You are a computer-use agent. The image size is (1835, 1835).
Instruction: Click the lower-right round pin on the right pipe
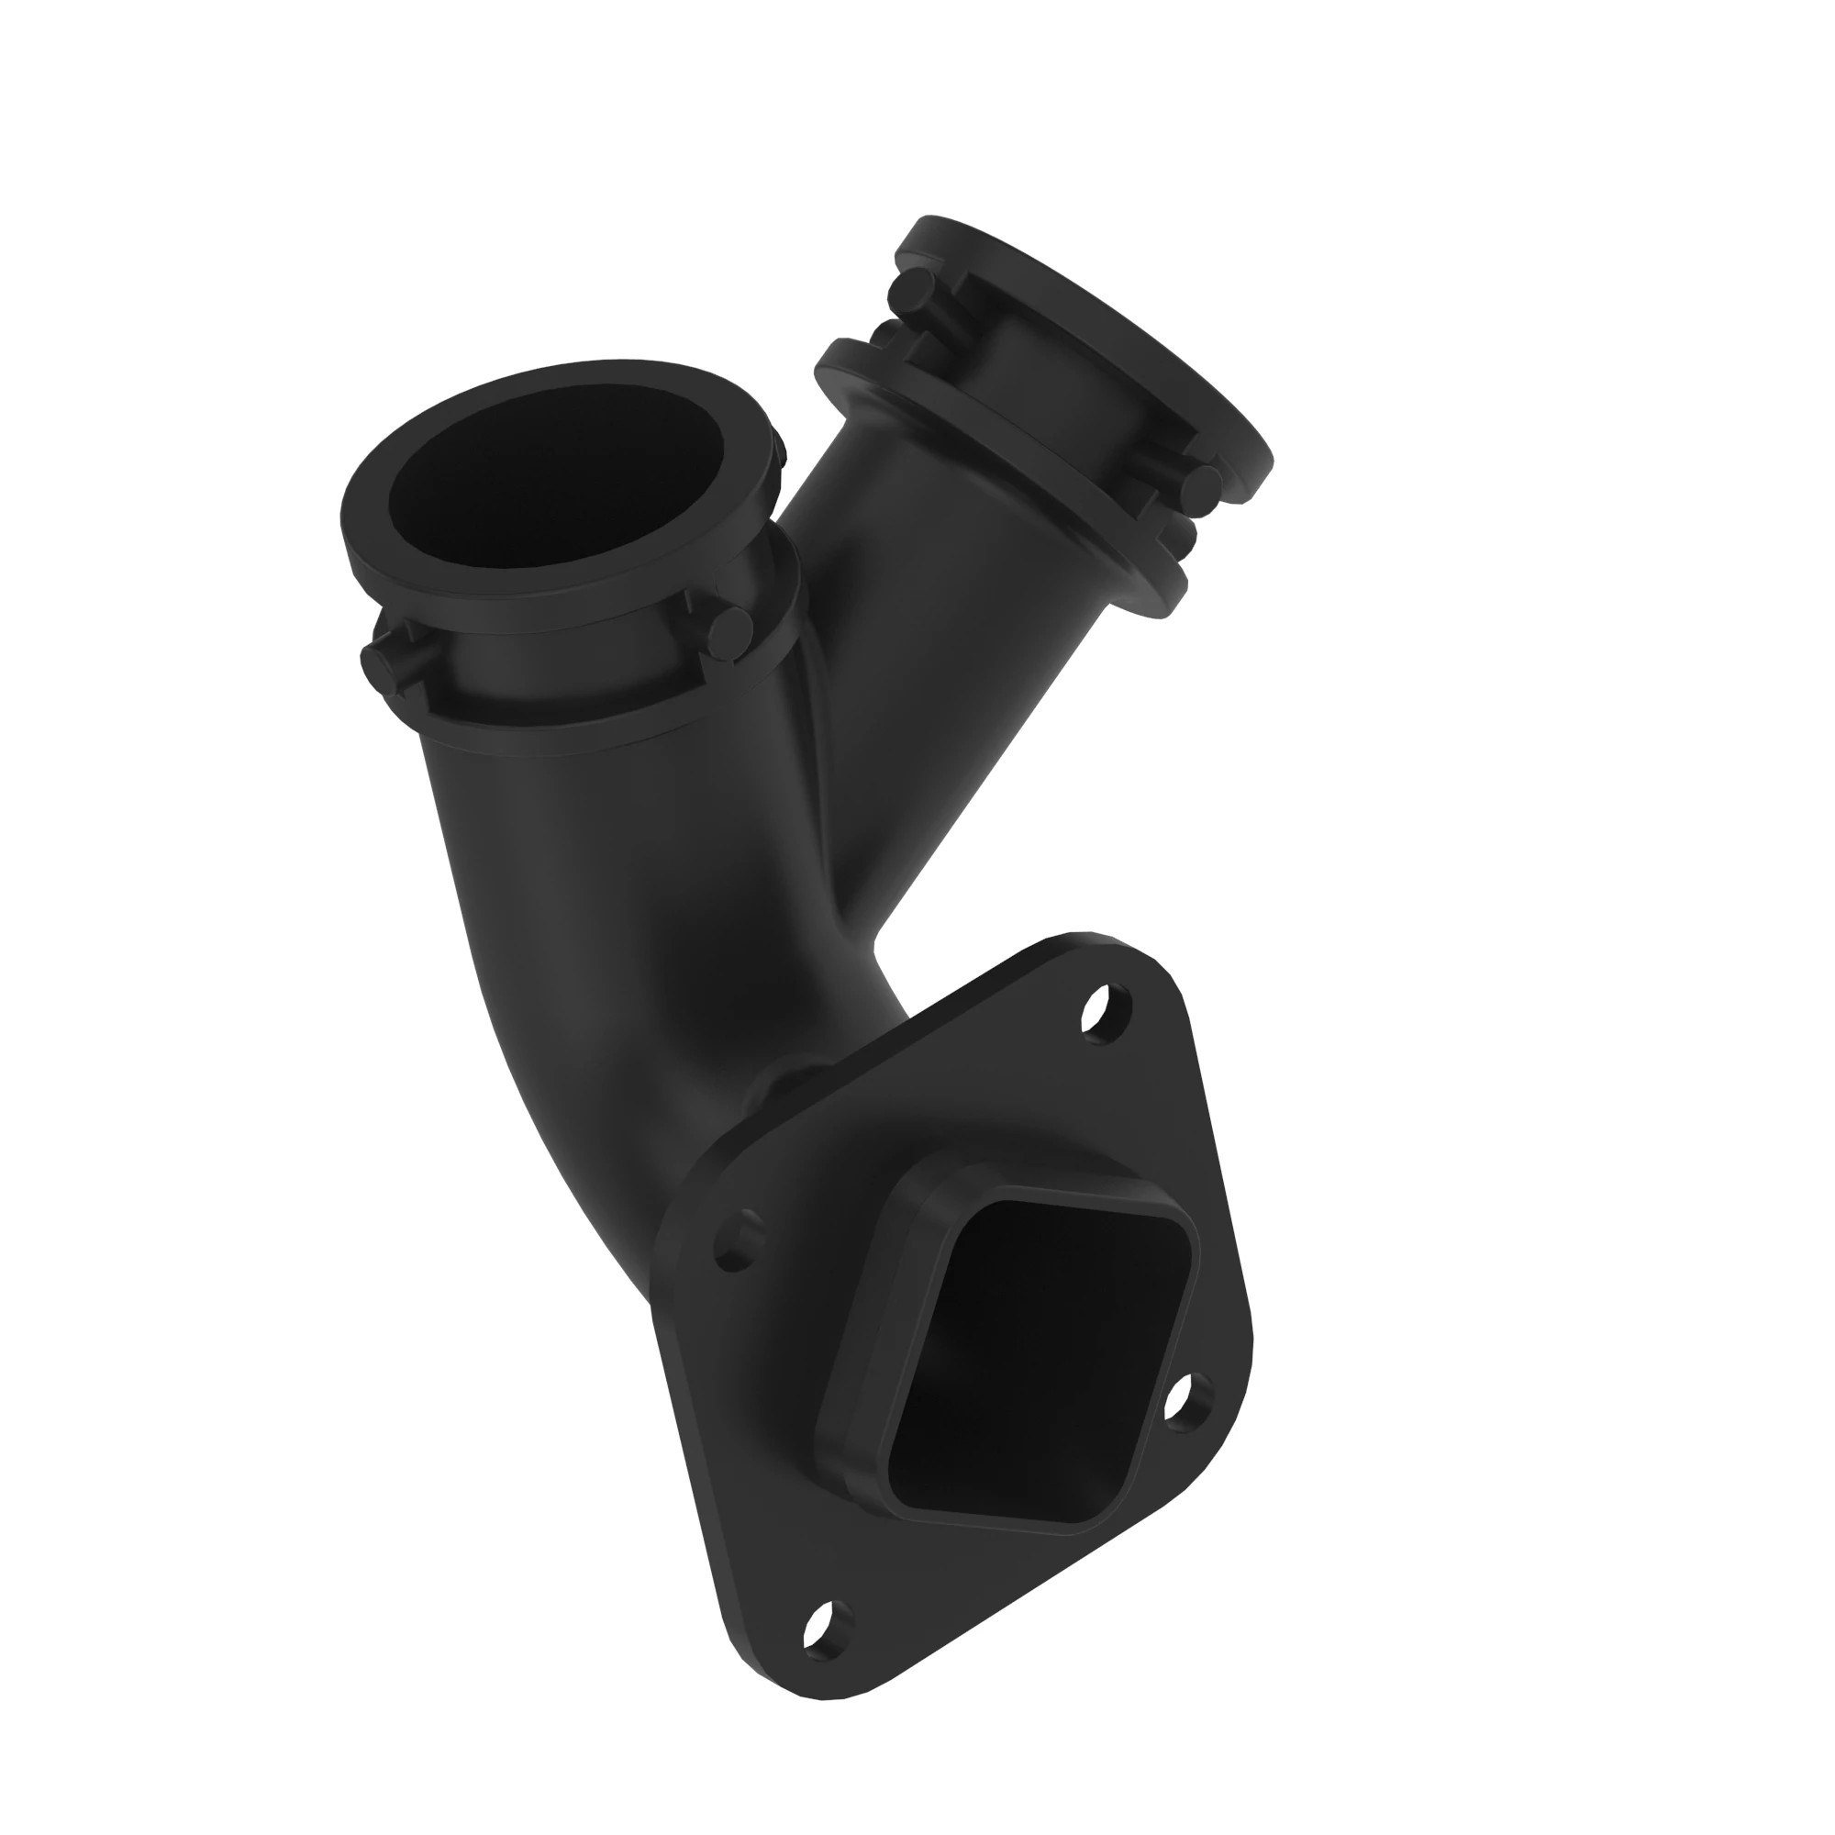tap(1205, 484)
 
